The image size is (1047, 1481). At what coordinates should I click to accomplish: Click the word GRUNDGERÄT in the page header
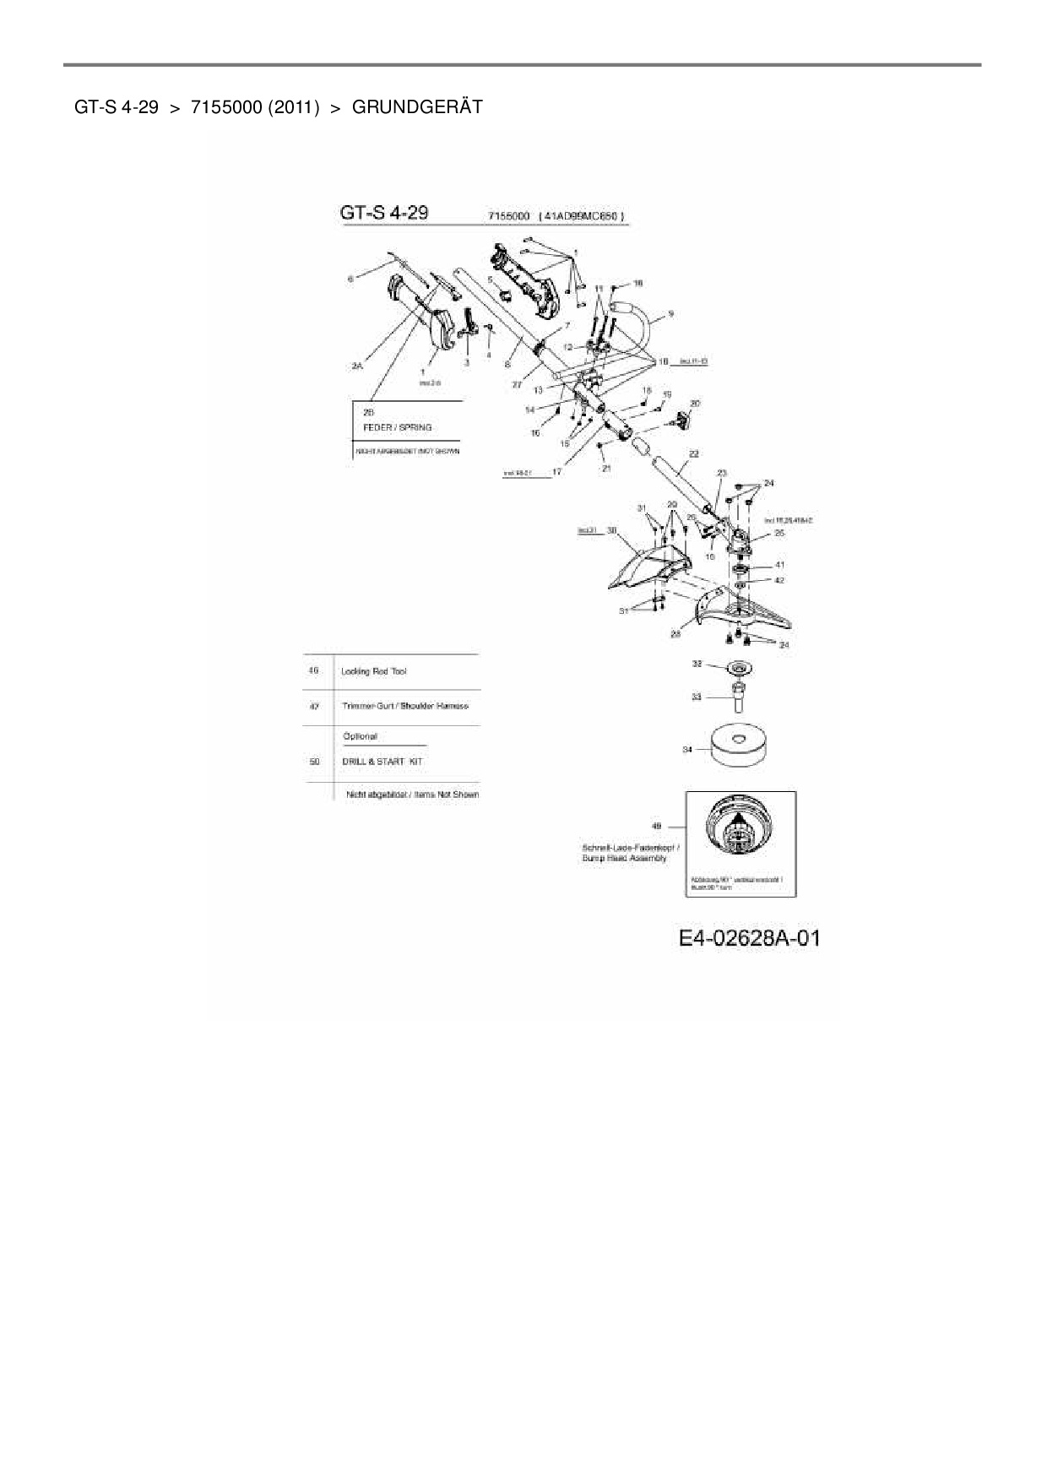click(417, 107)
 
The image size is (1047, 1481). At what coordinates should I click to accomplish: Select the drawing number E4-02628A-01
click(749, 938)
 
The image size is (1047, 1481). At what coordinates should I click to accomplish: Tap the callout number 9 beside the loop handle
click(670, 314)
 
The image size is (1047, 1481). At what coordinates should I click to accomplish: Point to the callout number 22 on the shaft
click(694, 453)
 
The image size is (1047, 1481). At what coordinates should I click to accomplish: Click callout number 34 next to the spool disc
click(687, 749)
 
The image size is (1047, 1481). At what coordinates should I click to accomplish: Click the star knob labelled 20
click(681, 419)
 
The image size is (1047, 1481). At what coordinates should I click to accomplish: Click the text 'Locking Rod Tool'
click(373, 671)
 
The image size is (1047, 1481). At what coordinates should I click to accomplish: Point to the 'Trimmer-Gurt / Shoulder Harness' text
click(405, 706)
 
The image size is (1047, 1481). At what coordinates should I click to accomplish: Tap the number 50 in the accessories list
click(315, 762)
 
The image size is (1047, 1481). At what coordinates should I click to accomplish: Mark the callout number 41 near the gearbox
click(779, 565)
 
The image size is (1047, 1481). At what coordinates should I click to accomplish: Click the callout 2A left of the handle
click(357, 366)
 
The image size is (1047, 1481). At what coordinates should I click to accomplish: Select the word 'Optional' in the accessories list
click(361, 736)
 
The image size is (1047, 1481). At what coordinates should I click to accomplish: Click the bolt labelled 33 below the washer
click(738, 700)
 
